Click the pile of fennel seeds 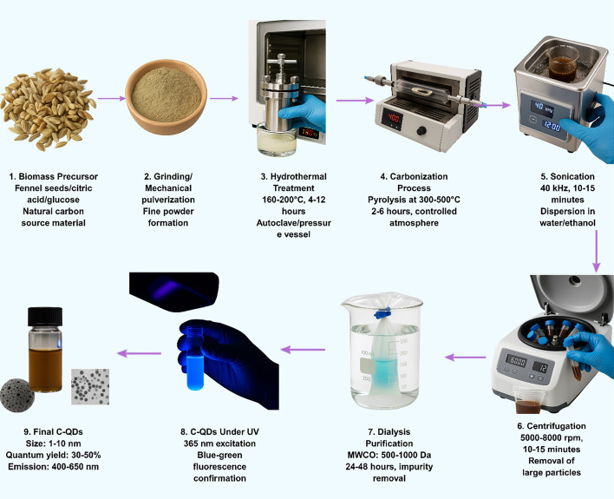(48, 109)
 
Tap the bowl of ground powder (166, 96)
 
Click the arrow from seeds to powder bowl (111, 99)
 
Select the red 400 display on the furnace (393, 118)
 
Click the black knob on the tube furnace (421, 130)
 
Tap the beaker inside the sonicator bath (563, 63)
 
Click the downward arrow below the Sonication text (596, 251)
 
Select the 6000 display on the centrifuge (516, 361)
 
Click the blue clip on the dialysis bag (382, 313)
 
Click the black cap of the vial (45, 317)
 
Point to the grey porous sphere (16, 395)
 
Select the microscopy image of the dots (90, 386)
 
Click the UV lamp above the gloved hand (173, 292)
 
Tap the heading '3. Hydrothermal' (293, 176)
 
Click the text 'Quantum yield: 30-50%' (53, 455)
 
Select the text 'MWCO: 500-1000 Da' (389, 455)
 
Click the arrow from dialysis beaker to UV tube (303, 350)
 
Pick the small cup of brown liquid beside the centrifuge (527, 400)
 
